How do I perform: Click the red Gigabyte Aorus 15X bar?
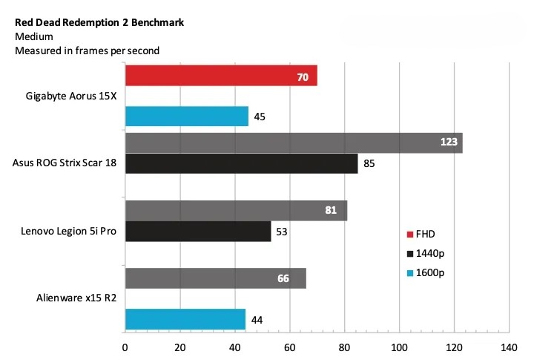tap(221, 76)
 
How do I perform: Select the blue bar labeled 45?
tap(186, 117)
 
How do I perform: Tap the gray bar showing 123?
tap(294, 143)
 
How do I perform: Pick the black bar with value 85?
tap(241, 163)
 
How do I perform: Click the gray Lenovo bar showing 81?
tap(236, 211)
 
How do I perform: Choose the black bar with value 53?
tap(197, 232)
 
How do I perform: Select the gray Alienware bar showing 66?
tap(215, 278)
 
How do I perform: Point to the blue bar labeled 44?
tap(185, 320)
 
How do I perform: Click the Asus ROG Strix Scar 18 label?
tap(65, 163)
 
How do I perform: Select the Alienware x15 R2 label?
tap(76, 299)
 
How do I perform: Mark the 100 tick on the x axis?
tap(399, 347)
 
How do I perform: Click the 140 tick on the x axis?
tap(509, 347)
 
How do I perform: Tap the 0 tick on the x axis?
tap(125, 347)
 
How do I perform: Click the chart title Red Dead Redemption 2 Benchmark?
tap(99, 22)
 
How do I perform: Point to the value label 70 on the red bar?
tap(303, 76)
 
